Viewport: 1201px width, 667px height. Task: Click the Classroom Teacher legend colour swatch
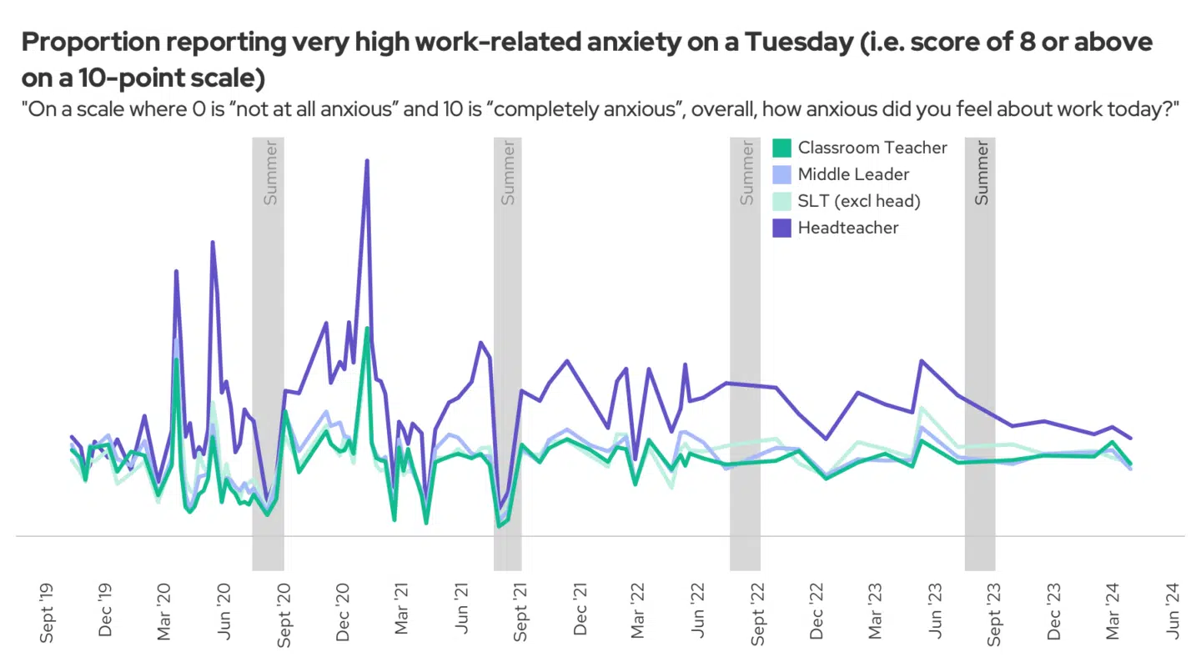click(x=782, y=148)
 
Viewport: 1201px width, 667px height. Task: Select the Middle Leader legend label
click(x=853, y=174)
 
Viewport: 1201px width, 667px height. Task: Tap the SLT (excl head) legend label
click(x=859, y=201)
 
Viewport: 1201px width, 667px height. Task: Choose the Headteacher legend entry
click(x=848, y=228)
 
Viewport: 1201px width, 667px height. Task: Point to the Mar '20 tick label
click(x=165, y=611)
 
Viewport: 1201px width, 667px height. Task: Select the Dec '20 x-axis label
click(x=344, y=611)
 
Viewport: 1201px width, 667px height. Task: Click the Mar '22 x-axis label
click(x=641, y=611)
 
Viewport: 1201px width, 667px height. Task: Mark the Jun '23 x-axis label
click(x=936, y=611)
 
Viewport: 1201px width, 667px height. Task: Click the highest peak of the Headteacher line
click(x=366, y=161)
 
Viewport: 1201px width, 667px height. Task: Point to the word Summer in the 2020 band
click(x=270, y=173)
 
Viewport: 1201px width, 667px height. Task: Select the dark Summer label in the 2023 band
click(x=982, y=173)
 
